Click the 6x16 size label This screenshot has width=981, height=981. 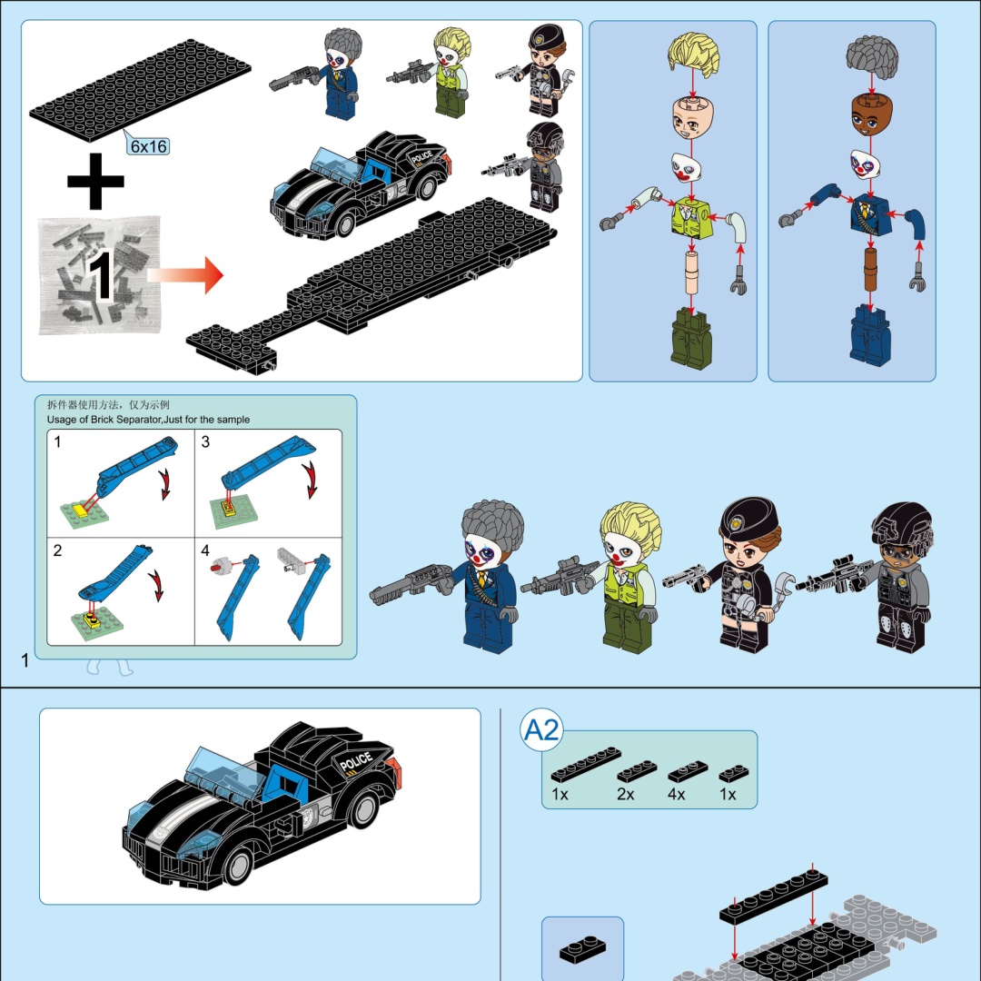pyautogui.click(x=149, y=146)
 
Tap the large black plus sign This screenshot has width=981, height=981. pyautogui.click(x=95, y=181)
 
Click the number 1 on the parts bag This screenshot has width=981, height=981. pyautogui.click(x=100, y=276)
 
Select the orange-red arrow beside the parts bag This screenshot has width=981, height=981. pyautogui.click(x=185, y=274)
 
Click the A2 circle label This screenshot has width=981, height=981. pyautogui.click(x=541, y=729)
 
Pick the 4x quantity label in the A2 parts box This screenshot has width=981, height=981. pyautogui.click(x=677, y=794)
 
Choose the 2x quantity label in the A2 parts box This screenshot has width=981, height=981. pyautogui.click(x=626, y=794)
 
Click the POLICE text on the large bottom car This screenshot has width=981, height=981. pyautogui.click(x=356, y=762)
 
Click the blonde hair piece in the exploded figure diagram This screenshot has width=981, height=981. pyautogui.click(x=693, y=54)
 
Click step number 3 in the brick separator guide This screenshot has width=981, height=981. pyautogui.click(x=205, y=441)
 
